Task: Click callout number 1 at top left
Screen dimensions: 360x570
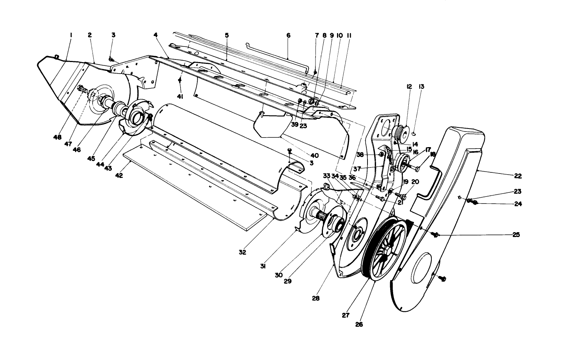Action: pyautogui.click(x=71, y=35)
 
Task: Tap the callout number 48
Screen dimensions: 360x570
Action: pyautogui.click(x=57, y=137)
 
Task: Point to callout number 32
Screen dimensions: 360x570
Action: pyautogui.click(x=242, y=252)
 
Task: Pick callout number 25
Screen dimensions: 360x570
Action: pyautogui.click(x=516, y=235)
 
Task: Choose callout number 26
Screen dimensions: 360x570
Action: pyautogui.click(x=359, y=324)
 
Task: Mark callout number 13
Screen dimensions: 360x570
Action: pyautogui.click(x=421, y=87)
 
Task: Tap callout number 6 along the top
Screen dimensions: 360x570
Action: pyautogui.click(x=288, y=35)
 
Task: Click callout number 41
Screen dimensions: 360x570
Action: pyautogui.click(x=180, y=97)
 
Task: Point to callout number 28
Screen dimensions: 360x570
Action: pyautogui.click(x=316, y=298)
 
